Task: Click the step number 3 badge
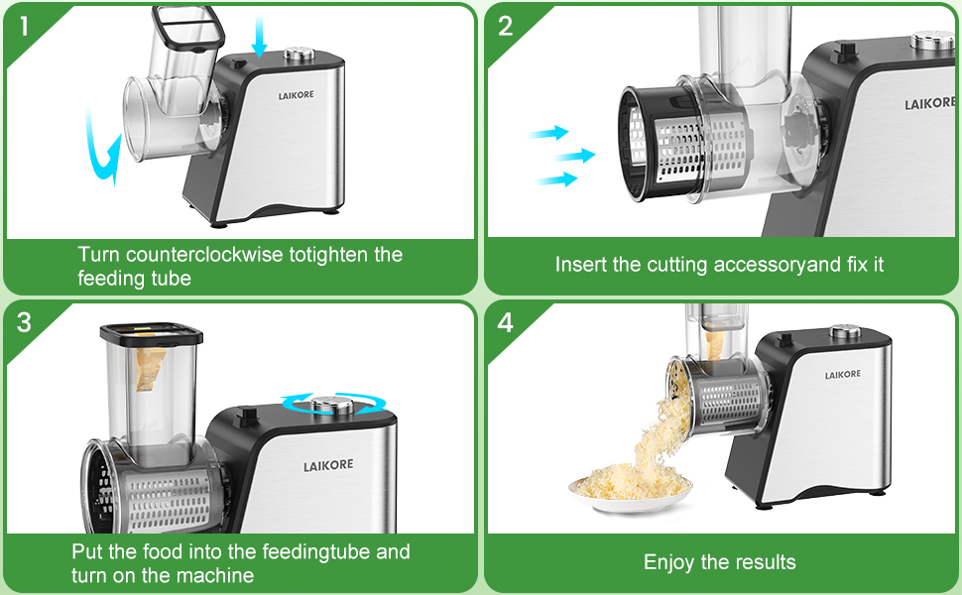pyautogui.click(x=24, y=322)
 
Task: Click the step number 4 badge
pyautogui.click(x=505, y=323)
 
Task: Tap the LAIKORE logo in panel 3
pyautogui.click(x=327, y=465)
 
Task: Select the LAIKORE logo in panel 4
pyautogui.click(x=842, y=374)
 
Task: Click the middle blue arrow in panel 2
pyautogui.click(x=575, y=155)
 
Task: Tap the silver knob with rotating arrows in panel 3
pyautogui.click(x=330, y=403)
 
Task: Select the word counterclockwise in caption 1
pyautogui.click(x=205, y=255)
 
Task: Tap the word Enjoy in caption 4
pyautogui.click(x=669, y=562)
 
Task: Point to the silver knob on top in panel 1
pyautogui.click(x=296, y=56)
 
